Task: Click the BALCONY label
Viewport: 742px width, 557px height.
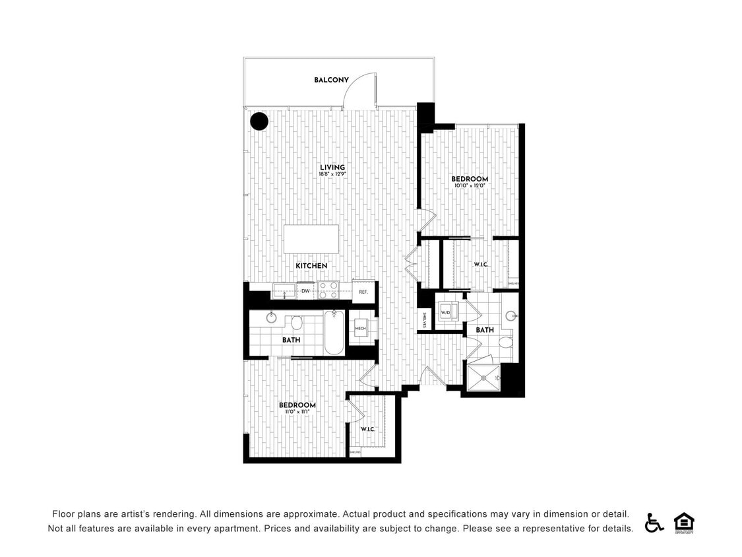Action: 331,81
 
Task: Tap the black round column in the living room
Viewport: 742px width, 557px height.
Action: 259,121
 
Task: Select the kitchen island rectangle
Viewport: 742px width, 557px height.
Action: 311,239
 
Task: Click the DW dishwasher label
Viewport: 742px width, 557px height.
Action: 305,291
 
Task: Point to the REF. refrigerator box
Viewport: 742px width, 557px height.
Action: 363,291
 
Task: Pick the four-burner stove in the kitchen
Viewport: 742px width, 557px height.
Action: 328,290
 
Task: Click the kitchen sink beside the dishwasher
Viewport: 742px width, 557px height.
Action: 284,290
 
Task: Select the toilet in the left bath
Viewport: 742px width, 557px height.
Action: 296,323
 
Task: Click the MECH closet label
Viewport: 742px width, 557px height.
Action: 360,329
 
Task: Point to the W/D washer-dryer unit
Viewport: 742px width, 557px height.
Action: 446,312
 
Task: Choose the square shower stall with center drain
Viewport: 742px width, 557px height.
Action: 484,377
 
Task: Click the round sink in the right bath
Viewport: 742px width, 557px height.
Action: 511,316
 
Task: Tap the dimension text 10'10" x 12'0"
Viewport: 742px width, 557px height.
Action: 470,186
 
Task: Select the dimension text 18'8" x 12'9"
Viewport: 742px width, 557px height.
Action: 332,175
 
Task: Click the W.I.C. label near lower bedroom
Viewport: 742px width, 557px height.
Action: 367,430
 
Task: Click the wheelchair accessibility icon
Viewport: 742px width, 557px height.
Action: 654,522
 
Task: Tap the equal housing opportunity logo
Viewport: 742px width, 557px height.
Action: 684,522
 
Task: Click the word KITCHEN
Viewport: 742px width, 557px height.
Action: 311,266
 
